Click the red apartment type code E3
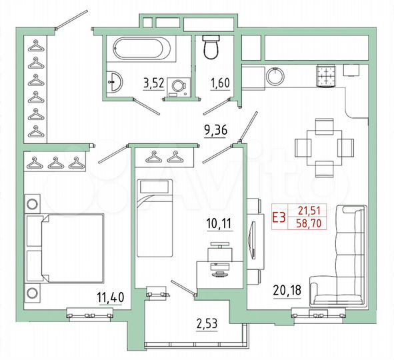click(x=280, y=216)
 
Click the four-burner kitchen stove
click(x=326, y=75)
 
